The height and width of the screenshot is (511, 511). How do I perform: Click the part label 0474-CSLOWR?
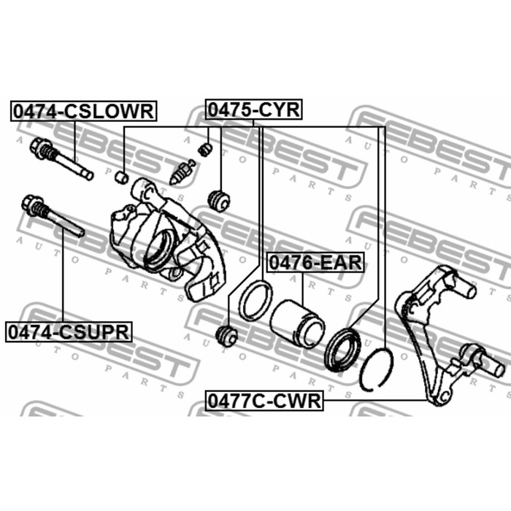(x=83, y=111)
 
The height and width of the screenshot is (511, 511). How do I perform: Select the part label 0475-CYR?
(x=253, y=109)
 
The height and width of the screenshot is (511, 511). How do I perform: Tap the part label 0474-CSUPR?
(x=69, y=331)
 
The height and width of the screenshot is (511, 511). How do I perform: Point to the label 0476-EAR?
(x=315, y=263)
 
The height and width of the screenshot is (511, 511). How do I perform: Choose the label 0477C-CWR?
(x=264, y=400)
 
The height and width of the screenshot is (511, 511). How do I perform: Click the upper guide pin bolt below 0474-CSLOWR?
(x=61, y=158)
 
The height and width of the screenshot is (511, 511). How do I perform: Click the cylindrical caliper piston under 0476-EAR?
(x=297, y=323)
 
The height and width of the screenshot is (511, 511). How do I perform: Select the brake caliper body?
(x=168, y=239)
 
